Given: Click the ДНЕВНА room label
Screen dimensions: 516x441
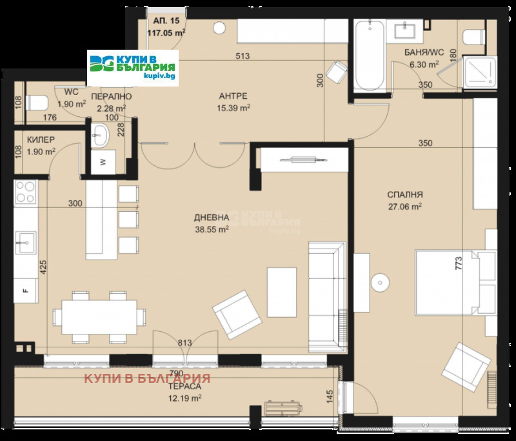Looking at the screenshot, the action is [x=212, y=218].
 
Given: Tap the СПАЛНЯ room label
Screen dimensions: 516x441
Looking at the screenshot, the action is [x=405, y=194].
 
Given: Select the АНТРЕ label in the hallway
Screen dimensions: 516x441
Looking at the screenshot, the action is [x=233, y=96].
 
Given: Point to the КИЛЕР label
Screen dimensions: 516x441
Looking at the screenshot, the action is [x=41, y=139].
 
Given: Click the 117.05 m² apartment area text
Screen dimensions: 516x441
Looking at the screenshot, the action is [x=166, y=32].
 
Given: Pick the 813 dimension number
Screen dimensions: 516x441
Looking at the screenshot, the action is [x=185, y=343].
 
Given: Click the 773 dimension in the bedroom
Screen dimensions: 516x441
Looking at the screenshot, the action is [x=459, y=263].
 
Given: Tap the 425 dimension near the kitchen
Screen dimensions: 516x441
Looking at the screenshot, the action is [x=43, y=267].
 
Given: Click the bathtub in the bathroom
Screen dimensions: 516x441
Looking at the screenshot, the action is [x=370, y=54].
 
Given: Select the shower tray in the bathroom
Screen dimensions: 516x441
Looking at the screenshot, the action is [x=480, y=72].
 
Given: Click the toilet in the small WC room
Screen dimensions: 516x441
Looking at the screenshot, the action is [x=37, y=103].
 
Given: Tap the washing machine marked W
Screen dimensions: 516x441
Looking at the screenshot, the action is [x=103, y=161].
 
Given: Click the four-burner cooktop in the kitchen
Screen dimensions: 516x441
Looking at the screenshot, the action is [x=25, y=192].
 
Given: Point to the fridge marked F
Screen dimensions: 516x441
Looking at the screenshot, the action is [x=26, y=291].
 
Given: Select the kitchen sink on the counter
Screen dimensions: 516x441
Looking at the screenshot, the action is [x=26, y=243].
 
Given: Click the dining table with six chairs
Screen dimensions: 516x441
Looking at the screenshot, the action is [x=99, y=317].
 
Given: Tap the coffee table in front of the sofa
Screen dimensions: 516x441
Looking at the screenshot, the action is [x=282, y=292].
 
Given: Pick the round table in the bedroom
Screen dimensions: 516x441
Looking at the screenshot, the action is [x=380, y=283].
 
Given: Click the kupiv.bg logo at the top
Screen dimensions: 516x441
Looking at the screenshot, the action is [x=133, y=68].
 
